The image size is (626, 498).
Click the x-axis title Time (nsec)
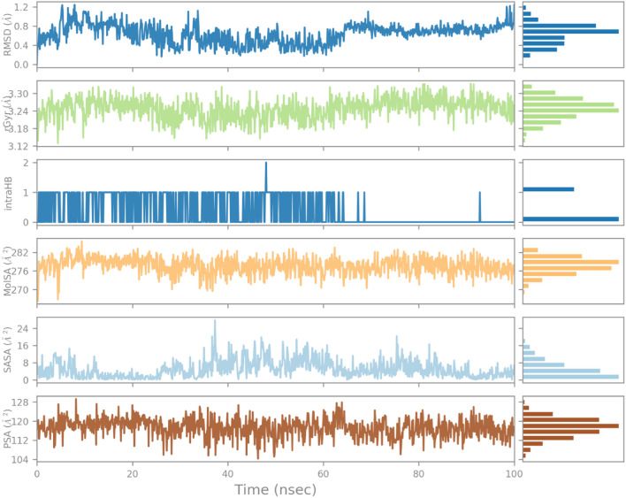pyautogui.click(x=275, y=488)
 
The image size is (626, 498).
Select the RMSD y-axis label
pyautogui.click(x=9, y=36)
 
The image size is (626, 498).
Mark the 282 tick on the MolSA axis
pyautogui.click(x=20, y=253)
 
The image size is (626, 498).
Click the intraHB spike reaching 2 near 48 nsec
pyautogui.click(x=265, y=164)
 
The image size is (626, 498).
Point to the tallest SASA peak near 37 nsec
pyautogui.click(x=214, y=322)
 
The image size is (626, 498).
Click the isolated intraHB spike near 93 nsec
pyautogui.click(x=480, y=193)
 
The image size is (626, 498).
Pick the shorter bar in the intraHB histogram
pyautogui.click(x=548, y=189)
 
